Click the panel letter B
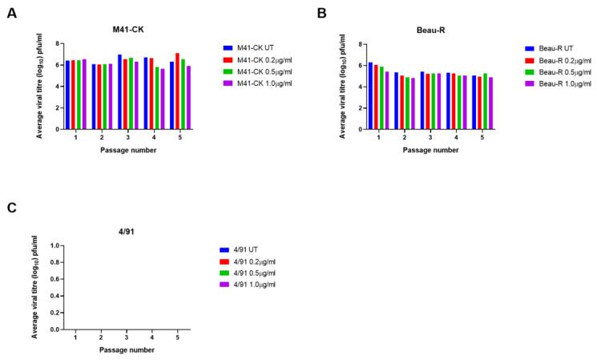[321, 14]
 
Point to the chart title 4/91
[127, 233]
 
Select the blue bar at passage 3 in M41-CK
[119, 91]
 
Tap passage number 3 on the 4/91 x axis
[127, 338]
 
